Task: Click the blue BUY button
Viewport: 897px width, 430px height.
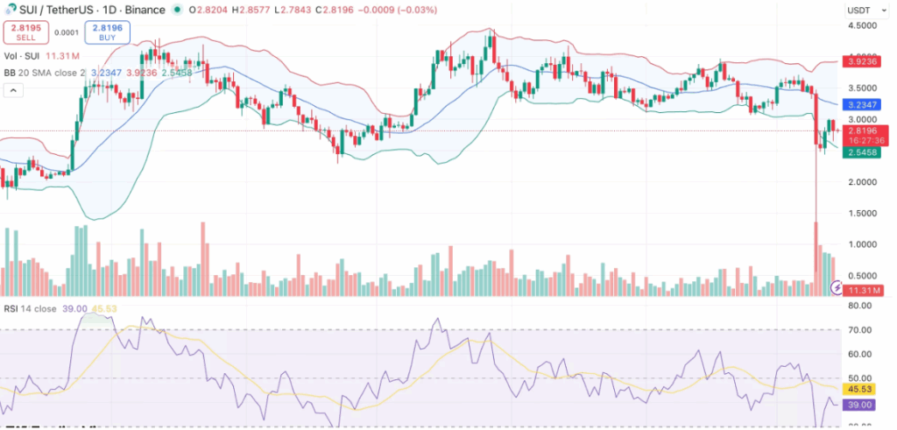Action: pyautogui.click(x=107, y=33)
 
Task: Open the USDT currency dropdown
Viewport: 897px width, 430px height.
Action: pyautogui.click(x=864, y=10)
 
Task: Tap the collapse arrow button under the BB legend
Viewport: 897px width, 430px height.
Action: pyautogui.click(x=13, y=90)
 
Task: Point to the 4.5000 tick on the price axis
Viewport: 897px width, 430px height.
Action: pyautogui.click(x=863, y=25)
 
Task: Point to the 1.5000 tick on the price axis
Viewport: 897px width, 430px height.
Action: pyautogui.click(x=863, y=214)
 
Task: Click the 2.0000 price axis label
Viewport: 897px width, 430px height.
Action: pyautogui.click(x=863, y=182)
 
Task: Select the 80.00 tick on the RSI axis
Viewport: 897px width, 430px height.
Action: pyautogui.click(x=863, y=306)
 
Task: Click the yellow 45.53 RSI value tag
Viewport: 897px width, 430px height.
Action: pyautogui.click(x=863, y=388)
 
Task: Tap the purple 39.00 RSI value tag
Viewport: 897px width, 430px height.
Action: pyautogui.click(x=863, y=405)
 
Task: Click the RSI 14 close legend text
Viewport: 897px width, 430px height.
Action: pyautogui.click(x=33, y=309)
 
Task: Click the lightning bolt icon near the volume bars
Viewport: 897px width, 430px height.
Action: pyautogui.click(x=838, y=287)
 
